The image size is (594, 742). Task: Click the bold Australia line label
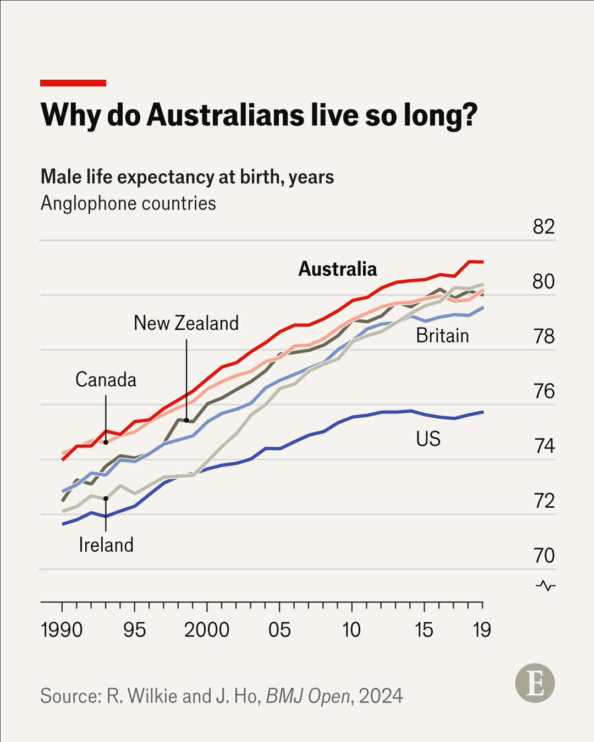pyautogui.click(x=338, y=269)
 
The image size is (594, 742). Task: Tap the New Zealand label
pyautogui.click(x=186, y=323)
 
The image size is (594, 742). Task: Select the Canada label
pyautogui.click(x=106, y=380)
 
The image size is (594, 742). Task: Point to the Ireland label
pyautogui.click(x=106, y=545)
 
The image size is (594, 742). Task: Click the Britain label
pyautogui.click(x=442, y=335)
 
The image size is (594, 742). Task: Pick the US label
pyautogui.click(x=428, y=439)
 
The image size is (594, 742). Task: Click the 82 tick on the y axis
pyautogui.click(x=543, y=227)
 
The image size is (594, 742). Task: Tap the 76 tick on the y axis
pyautogui.click(x=544, y=391)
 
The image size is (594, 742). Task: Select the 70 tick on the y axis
pyautogui.click(x=544, y=556)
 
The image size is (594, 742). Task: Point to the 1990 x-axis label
pyautogui.click(x=62, y=630)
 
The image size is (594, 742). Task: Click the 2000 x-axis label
pyautogui.click(x=207, y=630)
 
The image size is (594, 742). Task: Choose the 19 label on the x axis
pyautogui.click(x=482, y=630)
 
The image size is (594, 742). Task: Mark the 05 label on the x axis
pyautogui.click(x=279, y=630)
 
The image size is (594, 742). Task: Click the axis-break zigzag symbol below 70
pyautogui.click(x=546, y=585)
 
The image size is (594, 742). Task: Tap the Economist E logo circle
pyautogui.click(x=535, y=683)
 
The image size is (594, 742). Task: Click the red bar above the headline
pyautogui.click(x=73, y=83)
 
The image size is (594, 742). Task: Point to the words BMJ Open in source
pyautogui.click(x=308, y=696)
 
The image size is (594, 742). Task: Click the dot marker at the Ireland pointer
pyautogui.click(x=106, y=499)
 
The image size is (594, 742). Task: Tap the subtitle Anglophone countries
pyautogui.click(x=128, y=203)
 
